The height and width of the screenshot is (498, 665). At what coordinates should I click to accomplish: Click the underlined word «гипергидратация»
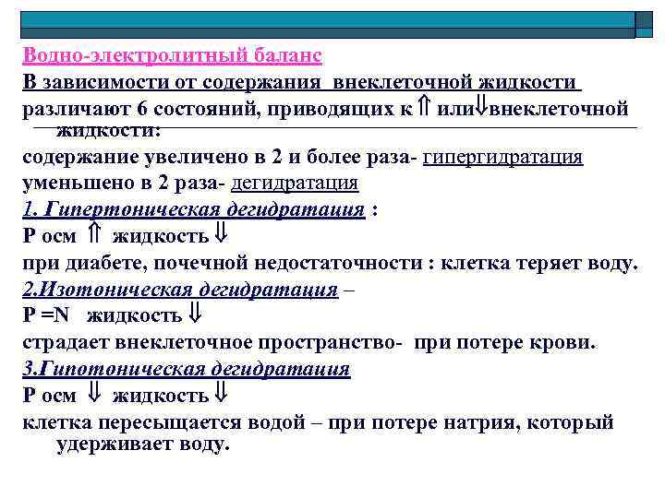502,157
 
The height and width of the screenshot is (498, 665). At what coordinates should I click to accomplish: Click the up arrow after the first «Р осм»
94,236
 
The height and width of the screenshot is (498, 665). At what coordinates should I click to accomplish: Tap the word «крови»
563,343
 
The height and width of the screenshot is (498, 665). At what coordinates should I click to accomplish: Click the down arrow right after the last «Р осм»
94,396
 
